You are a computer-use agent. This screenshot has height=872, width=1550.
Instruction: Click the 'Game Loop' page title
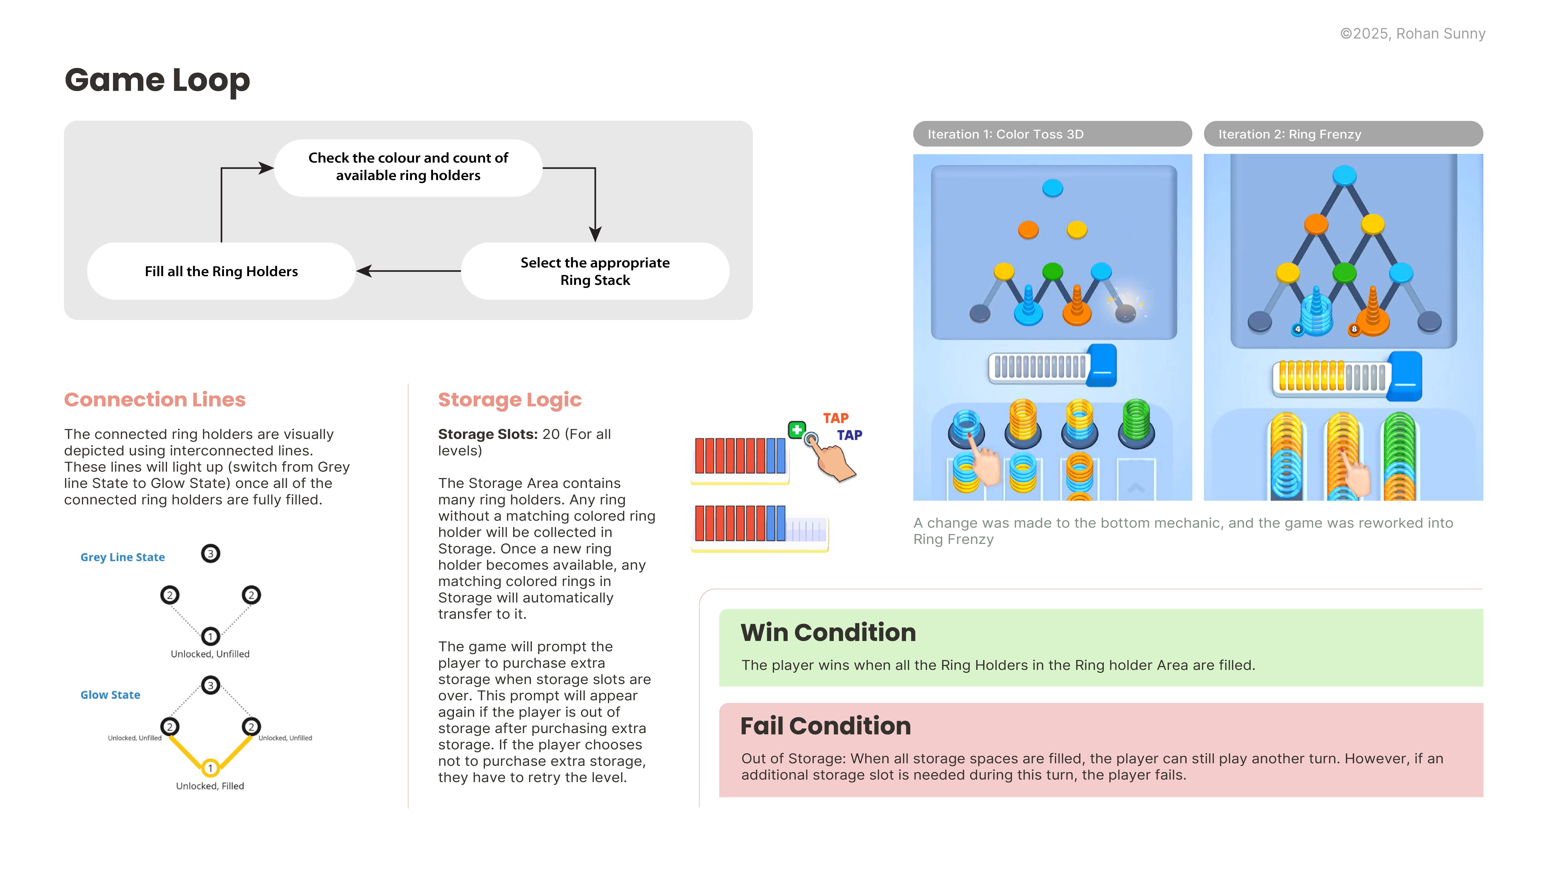[157, 80]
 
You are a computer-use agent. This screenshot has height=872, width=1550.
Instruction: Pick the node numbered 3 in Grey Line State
[210, 554]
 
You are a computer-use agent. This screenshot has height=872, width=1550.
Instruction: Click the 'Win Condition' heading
[828, 632]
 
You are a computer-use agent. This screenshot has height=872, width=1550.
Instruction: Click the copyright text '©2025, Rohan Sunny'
[1412, 34]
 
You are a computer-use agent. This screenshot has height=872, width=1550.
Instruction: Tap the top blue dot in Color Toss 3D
[1052, 188]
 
